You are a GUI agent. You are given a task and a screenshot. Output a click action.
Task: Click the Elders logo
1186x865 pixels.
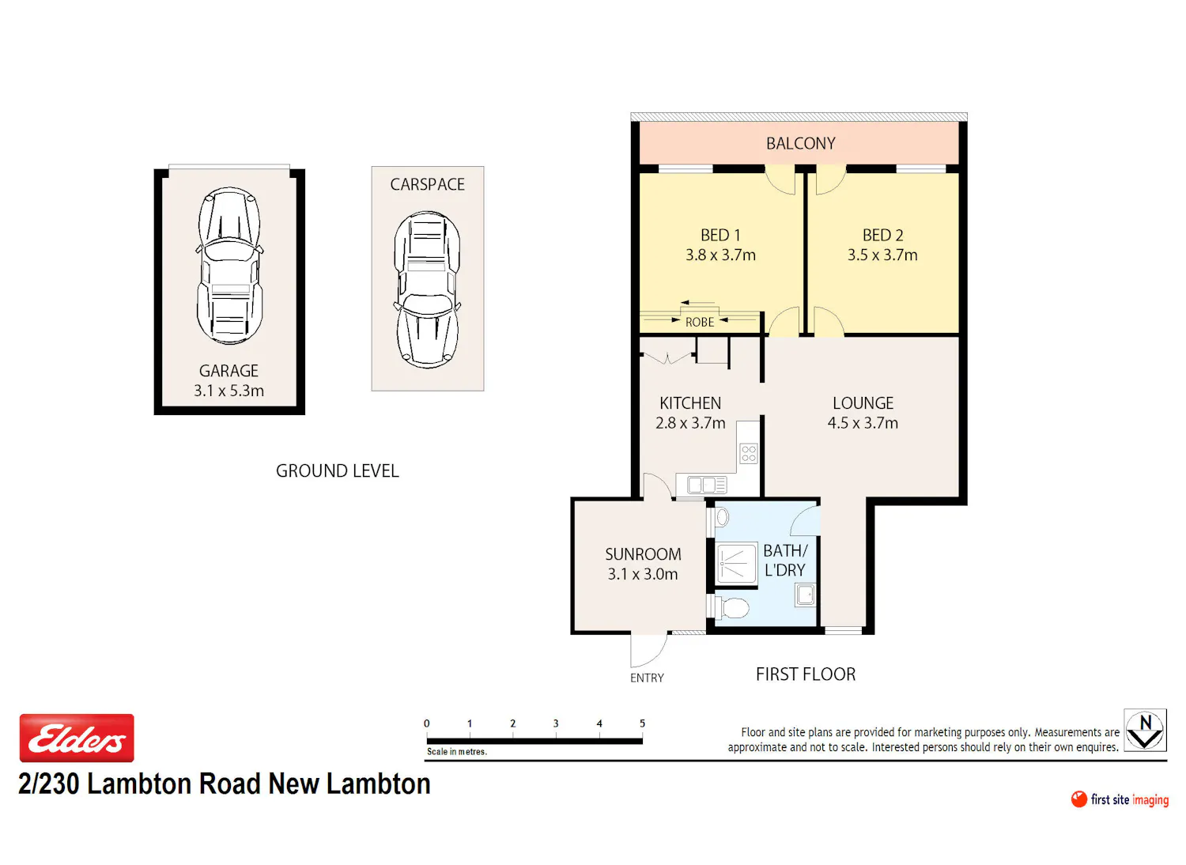(77, 738)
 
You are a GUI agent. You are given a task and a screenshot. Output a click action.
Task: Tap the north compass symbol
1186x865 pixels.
(1145, 730)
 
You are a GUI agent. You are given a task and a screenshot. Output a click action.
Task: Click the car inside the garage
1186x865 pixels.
(229, 265)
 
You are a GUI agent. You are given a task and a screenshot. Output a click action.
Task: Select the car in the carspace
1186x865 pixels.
(427, 289)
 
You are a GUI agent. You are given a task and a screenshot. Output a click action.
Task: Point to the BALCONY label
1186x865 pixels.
(800, 143)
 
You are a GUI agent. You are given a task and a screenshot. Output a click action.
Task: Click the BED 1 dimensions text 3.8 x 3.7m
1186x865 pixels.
(720, 255)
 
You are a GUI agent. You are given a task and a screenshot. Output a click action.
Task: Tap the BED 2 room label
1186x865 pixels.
(882, 235)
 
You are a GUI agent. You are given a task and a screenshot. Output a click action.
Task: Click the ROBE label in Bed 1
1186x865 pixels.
(700, 323)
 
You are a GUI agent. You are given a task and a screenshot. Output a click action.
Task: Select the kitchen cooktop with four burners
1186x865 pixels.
(749, 454)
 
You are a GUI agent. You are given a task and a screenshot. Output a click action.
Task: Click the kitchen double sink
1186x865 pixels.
(707, 485)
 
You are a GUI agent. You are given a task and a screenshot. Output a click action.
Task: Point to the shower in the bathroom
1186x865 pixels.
(736, 565)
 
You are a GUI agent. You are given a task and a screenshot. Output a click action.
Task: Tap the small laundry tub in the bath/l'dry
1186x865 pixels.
(805, 595)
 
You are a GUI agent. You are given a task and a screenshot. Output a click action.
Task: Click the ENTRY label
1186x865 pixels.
(647, 678)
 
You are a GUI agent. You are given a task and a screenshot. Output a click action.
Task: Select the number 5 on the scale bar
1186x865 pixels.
(642, 723)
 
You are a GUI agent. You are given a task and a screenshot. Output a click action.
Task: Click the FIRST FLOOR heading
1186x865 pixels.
(806, 674)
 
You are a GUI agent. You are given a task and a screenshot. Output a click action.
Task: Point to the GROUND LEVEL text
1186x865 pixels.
(338, 471)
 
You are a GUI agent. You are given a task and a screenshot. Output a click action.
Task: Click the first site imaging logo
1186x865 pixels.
(1120, 800)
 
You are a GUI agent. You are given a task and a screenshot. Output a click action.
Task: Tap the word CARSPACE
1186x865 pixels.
(427, 184)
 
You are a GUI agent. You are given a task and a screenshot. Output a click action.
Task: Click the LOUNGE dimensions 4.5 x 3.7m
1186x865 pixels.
(863, 423)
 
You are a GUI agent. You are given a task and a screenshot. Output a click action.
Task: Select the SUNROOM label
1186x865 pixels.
(643, 554)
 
